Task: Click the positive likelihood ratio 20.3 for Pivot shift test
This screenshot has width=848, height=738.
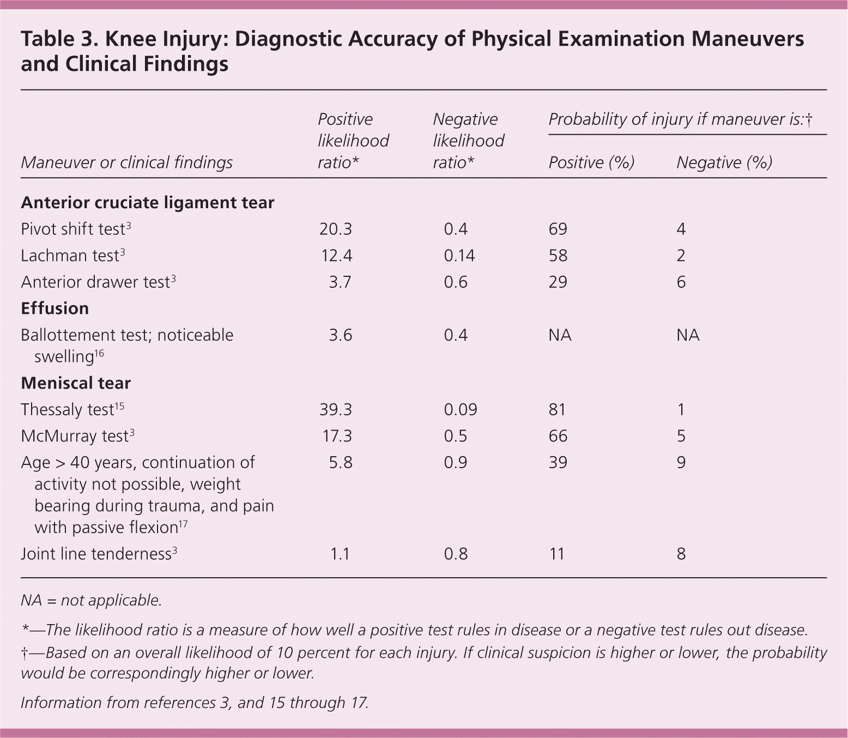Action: coord(336,229)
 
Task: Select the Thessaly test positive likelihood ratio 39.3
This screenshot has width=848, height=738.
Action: coord(336,409)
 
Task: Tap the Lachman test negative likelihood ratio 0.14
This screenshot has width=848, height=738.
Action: coord(459,256)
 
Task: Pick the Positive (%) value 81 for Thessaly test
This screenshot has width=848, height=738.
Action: coord(558,409)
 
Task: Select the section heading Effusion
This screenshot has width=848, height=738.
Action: coord(54,308)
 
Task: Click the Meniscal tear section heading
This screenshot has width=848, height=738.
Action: coord(76,383)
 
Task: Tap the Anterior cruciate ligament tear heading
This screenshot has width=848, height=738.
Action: coord(147,203)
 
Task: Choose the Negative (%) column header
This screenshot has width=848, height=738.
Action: coord(724,162)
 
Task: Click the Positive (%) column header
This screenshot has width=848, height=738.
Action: coord(591,162)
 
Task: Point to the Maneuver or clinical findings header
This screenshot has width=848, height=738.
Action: coord(126,162)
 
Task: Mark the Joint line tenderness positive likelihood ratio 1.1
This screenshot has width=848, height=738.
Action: coord(340,554)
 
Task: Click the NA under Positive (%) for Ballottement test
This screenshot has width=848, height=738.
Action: coord(560,335)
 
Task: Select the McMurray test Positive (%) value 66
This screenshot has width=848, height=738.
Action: coord(558,436)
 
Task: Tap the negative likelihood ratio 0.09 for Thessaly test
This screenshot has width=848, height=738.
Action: coord(461,409)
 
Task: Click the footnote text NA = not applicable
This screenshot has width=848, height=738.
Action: coord(91,601)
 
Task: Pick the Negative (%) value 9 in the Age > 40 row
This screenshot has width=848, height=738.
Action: coord(681,462)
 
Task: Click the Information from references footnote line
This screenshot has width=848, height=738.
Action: coord(195,703)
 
